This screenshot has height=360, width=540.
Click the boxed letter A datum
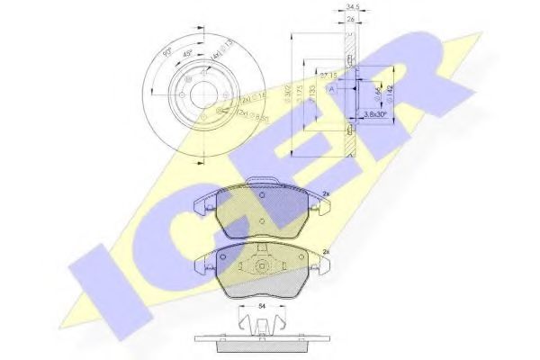tap(331, 88)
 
